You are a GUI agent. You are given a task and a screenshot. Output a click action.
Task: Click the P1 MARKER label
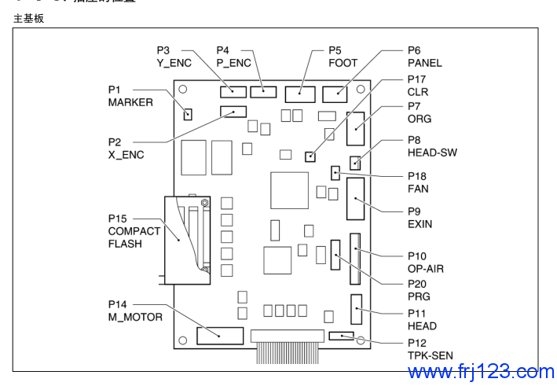click(x=130, y=96)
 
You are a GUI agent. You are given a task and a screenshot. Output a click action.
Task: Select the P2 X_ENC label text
click(x=126, y=148)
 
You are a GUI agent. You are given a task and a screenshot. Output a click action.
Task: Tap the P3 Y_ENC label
click(x=174, y=57)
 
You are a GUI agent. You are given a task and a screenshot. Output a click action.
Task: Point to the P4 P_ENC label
click(x=233, y=57)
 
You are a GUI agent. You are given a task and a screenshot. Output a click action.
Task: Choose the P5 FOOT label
click(x=343, y=57)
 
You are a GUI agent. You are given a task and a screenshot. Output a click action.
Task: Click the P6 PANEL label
click(x=424, y=57)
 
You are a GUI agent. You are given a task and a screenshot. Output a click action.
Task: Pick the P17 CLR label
click(x=417, y=86)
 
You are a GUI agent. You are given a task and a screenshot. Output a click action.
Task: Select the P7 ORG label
click(x=419, y=112)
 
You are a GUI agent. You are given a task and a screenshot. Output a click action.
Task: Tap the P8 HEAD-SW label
click(x=431, y=146)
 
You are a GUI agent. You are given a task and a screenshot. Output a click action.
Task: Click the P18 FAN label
click(x=418, y=182)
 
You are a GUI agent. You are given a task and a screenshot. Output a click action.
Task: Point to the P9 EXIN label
click(x=420, y=218)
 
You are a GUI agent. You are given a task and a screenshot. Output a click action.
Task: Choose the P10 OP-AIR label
click(x=425, y=263)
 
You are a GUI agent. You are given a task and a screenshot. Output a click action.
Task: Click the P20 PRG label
click(x=419, y=291)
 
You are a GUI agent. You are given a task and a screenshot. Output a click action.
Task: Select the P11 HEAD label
click(x=422, y=319)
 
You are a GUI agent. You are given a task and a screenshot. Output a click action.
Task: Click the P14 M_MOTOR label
click(x=135, y=311)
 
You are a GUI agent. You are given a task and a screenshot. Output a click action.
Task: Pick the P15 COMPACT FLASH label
click(x=134, y=231)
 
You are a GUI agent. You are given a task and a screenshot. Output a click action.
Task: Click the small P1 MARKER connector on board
click(x=189, y=115)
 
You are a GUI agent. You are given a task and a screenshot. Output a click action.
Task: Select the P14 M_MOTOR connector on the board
click(x=220, y=336)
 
